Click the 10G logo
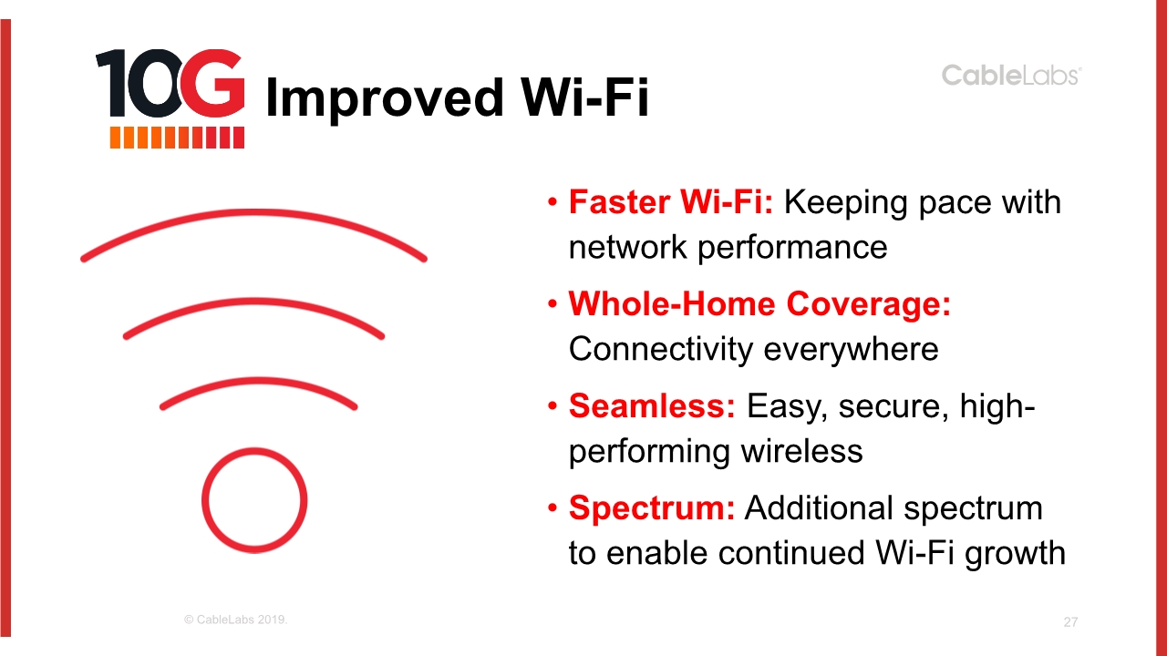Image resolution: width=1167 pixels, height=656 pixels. [170, 99]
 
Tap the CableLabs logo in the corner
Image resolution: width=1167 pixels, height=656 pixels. [1011, 76]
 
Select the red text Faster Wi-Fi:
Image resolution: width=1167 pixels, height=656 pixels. [671, 202]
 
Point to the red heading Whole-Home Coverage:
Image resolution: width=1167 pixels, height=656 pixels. [759, 303]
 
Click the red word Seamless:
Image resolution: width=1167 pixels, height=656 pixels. [652, 405]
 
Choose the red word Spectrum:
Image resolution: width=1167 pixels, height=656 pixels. [652, 507]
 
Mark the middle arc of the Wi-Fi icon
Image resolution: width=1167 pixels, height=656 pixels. [254, 301]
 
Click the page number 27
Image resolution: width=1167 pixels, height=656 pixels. [1070, 622]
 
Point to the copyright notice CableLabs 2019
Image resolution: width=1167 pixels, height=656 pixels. [235, 620]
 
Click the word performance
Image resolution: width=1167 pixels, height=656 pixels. [792, 249]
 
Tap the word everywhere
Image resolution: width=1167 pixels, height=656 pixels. [852, 350]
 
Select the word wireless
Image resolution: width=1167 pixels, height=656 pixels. [801, 451]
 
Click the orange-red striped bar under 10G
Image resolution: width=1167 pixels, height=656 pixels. [177, 138]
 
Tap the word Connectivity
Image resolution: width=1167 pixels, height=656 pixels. [661, 350]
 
